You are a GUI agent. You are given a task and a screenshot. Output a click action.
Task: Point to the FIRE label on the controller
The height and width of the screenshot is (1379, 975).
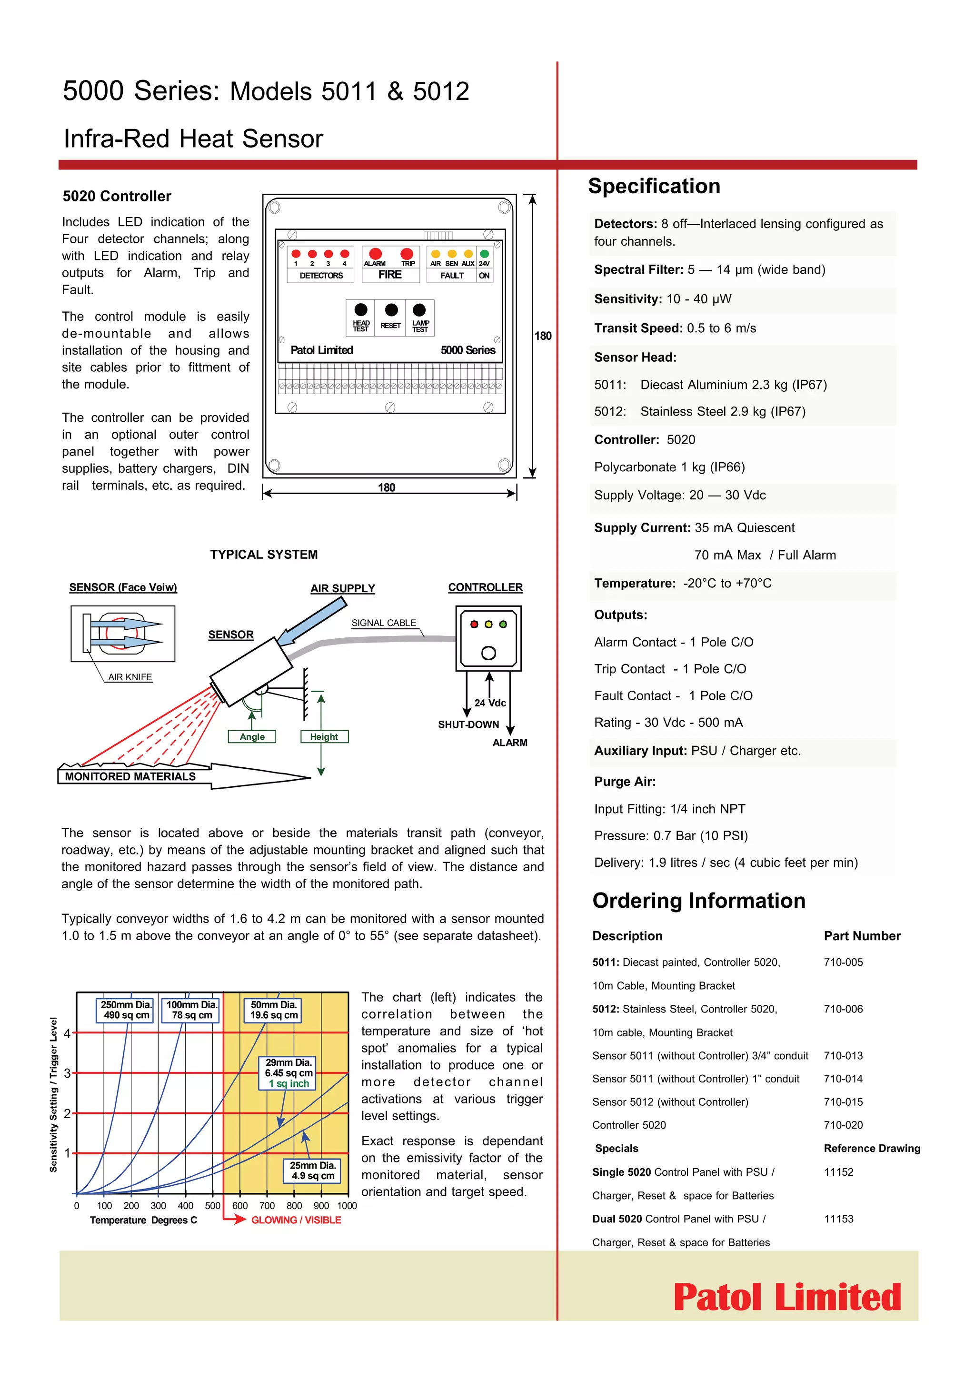point(390,275)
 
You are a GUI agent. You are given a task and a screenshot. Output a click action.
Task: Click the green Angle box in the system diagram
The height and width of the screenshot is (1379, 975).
point(252,736)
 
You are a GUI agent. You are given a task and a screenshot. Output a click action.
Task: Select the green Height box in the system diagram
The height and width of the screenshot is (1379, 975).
point(324,736)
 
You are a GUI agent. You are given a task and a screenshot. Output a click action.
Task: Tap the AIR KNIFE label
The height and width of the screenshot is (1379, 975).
point(130,677)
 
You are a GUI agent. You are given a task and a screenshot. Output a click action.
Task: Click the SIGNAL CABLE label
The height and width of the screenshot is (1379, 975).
point(383,623)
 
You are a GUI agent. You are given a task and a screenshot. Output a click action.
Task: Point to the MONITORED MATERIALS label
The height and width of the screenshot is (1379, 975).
point(130,776)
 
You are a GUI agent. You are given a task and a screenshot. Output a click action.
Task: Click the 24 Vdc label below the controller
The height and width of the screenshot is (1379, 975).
point(490,703)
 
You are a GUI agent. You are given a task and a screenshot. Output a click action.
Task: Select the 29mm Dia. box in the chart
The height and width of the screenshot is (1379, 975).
point(289,1073)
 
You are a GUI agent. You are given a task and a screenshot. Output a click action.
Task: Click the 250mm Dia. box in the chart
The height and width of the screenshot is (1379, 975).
point(126,1010)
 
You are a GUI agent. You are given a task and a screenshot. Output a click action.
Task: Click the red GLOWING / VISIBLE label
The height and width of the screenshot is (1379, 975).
point(296,1220)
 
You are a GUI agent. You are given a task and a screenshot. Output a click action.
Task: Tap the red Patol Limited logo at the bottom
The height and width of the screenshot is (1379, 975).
point(787,1297)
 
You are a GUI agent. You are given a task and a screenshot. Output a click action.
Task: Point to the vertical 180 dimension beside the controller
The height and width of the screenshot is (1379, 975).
point(542,336)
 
